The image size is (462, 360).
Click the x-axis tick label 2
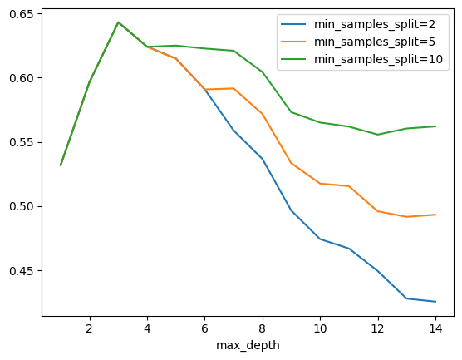click(89, 328)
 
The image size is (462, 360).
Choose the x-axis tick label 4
click(147, 328)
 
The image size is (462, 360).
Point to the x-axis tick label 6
click(205, 328)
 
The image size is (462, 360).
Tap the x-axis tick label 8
click(263, 328)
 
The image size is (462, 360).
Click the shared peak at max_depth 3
click(118, 22)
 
